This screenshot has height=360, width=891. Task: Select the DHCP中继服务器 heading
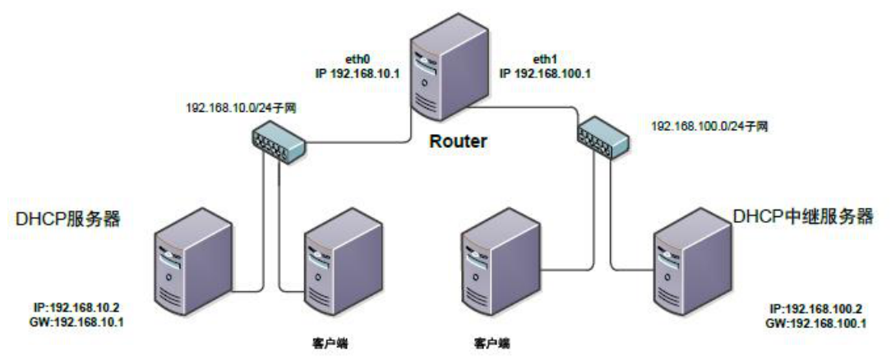click(801, 217)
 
